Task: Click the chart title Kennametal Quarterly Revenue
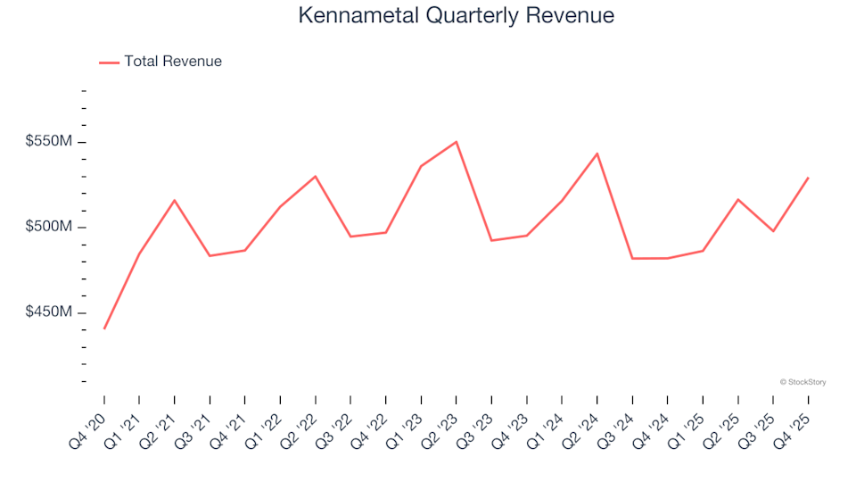[456, 15]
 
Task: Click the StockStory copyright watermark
[802, 382]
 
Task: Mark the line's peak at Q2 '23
[457, 142]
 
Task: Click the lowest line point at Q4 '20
[104, 328]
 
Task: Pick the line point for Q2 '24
[597, 154]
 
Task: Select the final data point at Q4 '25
[808, 178]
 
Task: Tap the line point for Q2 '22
[316, 176]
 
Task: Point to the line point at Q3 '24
[632, 258]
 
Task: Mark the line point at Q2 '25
[737, 199]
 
